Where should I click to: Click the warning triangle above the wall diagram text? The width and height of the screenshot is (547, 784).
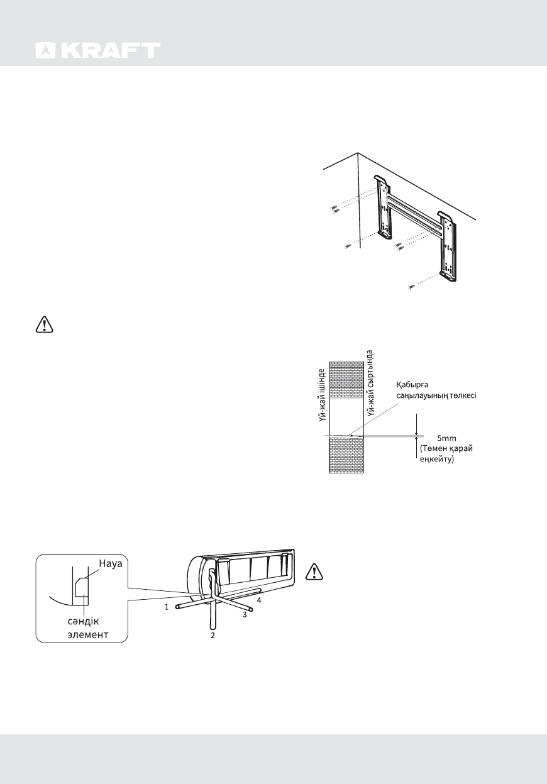click(42, 325)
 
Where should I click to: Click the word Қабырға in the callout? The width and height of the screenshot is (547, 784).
click(412, 385)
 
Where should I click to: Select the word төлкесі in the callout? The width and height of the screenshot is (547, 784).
click(461, 395)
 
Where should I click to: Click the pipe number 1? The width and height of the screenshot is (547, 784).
click(166, 607)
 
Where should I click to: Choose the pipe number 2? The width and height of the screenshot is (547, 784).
click(213, 636)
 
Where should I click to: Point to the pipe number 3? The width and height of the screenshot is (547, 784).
click(245, 614)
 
